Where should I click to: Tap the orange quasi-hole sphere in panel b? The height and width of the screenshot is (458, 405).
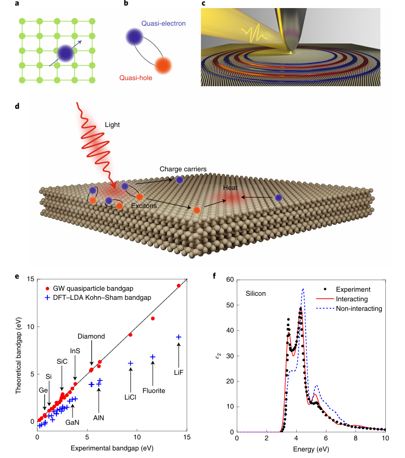163,66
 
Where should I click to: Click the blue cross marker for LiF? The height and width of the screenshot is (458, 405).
178,337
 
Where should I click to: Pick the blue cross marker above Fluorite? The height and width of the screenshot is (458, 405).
153,357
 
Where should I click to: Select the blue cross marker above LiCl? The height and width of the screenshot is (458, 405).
130,363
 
